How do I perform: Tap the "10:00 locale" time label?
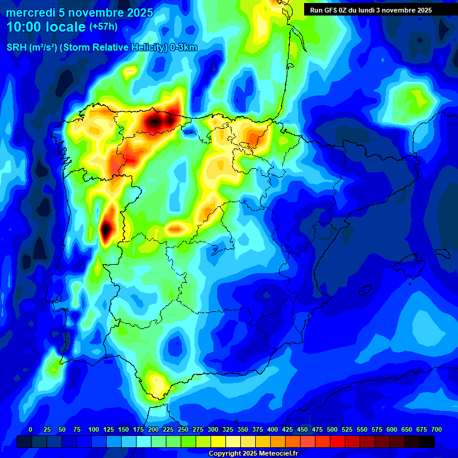(47, 27)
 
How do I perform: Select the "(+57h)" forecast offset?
(103, 27)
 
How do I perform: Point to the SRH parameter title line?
(101, 48)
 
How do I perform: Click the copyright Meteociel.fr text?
(253, 453)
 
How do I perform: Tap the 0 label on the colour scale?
(30, 429)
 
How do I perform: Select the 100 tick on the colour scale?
(93, 429)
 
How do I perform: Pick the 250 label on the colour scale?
(182, 429)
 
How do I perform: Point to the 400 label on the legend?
(273, 429)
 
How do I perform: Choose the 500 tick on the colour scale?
(332, 429)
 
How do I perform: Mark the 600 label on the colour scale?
(392, 429)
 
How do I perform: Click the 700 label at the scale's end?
(436, 429)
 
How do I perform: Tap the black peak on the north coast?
(154, 122)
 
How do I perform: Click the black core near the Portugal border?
(106, 227)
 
